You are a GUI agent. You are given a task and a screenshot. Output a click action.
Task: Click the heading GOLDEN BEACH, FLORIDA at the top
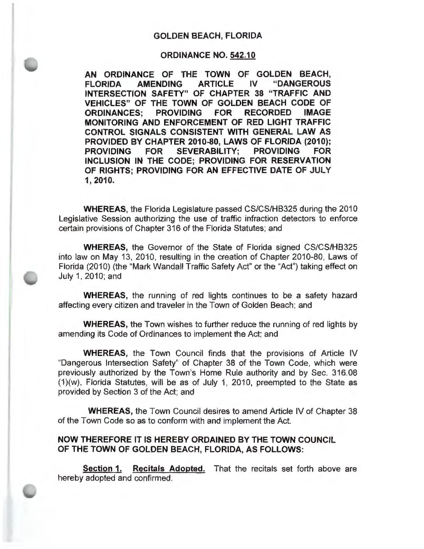click(x=208, y=36)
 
